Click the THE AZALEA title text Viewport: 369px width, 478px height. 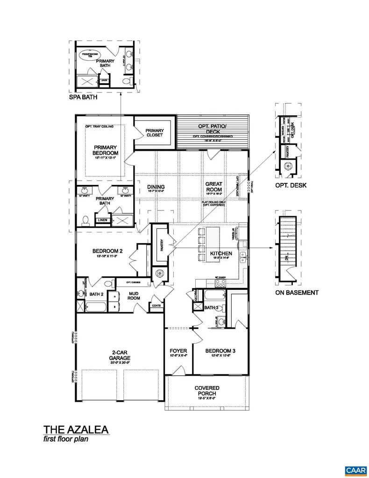(x=77, y=429)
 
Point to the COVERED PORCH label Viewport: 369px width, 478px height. (x=207, y=391)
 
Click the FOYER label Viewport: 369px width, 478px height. (x=178, y=351)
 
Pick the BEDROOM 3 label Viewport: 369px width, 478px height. (x=221, y=351)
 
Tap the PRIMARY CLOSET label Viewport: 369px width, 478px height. (x=155, y=133)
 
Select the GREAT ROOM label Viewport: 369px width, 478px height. (x=214, y=187)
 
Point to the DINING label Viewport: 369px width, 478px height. (x=156, y=187)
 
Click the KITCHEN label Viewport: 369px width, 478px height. (x=221, y=253)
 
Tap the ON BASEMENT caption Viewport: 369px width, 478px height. (x=297, y=293)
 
